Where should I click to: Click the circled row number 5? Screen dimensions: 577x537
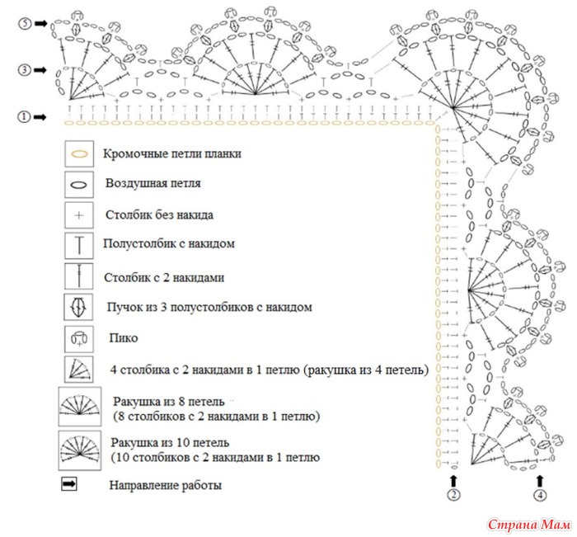click(25, 24)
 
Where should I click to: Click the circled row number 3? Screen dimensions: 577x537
click(25, 69)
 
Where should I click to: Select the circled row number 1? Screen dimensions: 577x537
click(24, 117)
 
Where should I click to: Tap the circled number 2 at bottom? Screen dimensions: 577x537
click(453, 495)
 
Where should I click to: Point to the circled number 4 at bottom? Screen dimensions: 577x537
click(540, 495)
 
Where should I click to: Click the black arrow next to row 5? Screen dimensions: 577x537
click(41, 24)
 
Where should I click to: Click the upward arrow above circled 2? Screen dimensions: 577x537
click(453, 481)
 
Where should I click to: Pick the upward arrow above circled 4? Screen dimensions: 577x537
click(540, 481)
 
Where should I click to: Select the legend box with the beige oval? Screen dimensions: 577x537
click(79, 154)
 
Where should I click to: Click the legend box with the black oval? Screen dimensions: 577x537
click(79, 185)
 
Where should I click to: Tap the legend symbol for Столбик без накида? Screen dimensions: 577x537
click(79, 215)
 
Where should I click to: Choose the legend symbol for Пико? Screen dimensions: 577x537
click(79, 338)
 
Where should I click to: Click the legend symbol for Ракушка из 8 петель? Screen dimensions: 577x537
click(79, 406)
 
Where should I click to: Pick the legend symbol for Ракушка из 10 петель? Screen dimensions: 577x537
click(79, 450)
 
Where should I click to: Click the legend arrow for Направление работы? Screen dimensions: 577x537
click(68, 483)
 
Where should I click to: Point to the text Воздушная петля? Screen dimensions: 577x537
click(153, 183)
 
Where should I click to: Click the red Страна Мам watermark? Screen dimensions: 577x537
click(529, 524)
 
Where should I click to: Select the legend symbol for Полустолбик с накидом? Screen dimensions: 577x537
click(79, 245)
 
